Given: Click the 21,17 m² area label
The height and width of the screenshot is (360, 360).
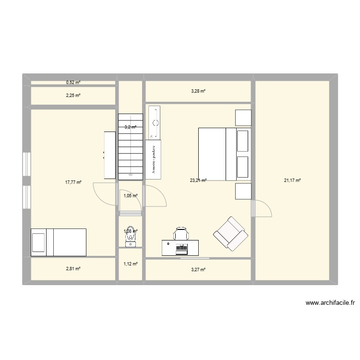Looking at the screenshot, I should tap(292, 180).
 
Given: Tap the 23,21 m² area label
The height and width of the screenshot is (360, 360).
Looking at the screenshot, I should tap(198, 180).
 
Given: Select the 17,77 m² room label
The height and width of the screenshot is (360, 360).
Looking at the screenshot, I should tap(73, 182).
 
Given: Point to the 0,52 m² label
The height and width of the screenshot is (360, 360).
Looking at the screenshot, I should tap(73, 83).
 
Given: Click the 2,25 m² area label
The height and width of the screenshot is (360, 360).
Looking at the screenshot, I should tap(73, 96).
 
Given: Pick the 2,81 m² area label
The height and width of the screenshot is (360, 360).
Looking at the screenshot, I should tap(73, 269).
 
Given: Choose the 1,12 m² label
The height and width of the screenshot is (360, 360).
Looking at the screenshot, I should tap(131, 264).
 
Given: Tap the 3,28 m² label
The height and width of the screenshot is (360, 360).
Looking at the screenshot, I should tap(198, 91).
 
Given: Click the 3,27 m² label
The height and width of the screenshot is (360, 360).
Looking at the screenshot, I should tap(198, 270).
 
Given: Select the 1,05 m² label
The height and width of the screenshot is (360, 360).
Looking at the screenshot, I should tap(131, 196).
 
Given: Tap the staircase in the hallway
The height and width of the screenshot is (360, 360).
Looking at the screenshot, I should tap(131, 146).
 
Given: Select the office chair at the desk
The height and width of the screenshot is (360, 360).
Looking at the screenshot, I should tap(181, 233).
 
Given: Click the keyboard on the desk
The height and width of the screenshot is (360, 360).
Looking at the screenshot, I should tap(181, 248).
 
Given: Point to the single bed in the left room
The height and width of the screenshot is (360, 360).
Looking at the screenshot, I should tap(59, 242).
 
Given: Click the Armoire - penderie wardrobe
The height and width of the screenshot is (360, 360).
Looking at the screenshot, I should tap(154, 159).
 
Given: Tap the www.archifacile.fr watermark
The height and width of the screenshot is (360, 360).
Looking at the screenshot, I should tap(330, 303).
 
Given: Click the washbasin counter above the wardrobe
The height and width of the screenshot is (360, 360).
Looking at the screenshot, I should tap(155, 122).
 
